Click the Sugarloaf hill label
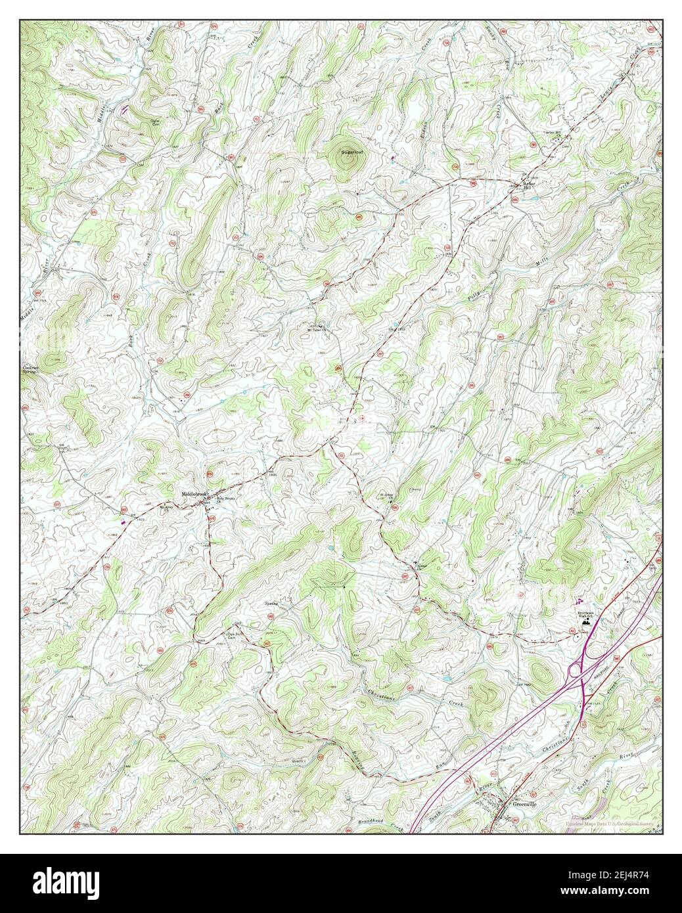tap(352, 152)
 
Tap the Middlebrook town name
tap(194, 493)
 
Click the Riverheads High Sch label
tap(587, 611)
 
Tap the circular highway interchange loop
tap(576, 671)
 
